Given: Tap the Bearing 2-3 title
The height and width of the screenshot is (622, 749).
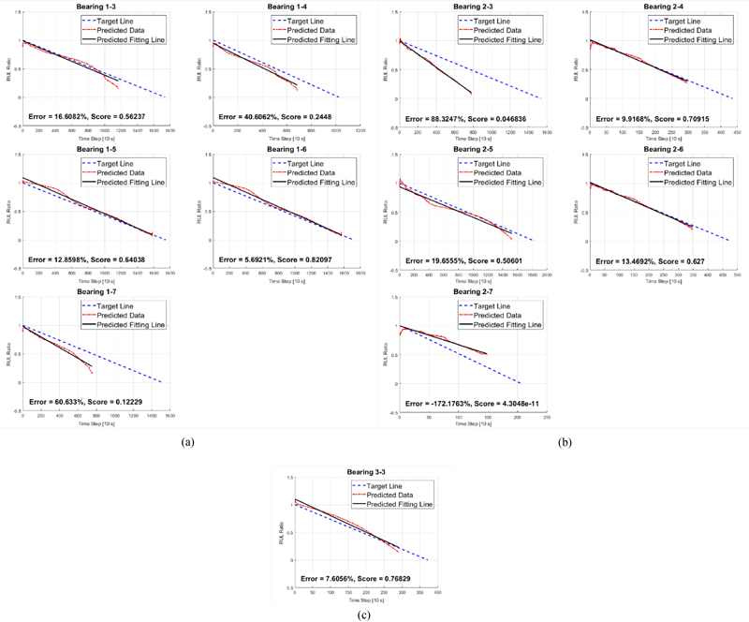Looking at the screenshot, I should pos(471,7).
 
